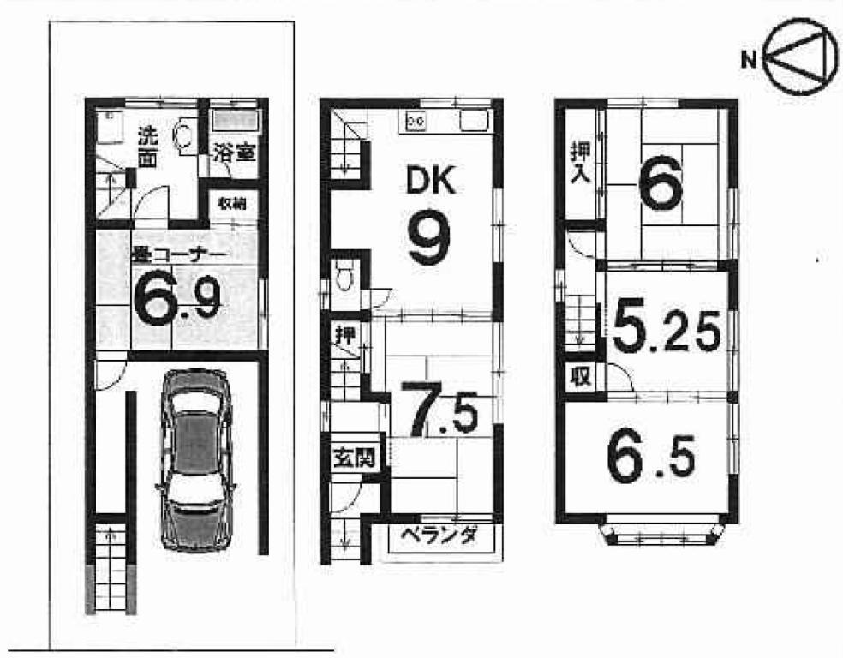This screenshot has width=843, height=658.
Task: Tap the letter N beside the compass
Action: click(x=749, y=58)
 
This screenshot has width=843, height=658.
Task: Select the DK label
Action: click(x=431, y=181)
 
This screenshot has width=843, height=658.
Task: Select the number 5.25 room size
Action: click(x=667, y=329)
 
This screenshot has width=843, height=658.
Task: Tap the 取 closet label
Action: click(x=582, y=377)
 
